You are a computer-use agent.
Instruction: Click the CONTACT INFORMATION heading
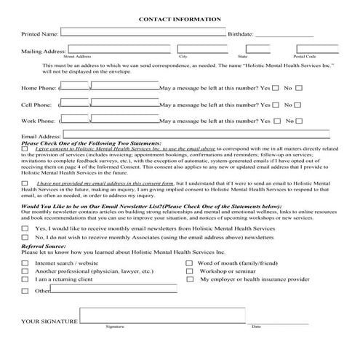tap(180, 19)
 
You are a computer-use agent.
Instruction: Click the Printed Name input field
tap(143, 33)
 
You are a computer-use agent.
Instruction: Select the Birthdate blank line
tap(284, 33)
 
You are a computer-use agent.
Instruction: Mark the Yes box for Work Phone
tap(275, 121)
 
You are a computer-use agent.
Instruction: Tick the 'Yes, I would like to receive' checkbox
tap(25, 228)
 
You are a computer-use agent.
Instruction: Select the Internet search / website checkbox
tap(25, 263)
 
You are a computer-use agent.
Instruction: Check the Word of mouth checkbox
tap(190, 263)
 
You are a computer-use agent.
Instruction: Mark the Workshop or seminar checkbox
tap(190, 271)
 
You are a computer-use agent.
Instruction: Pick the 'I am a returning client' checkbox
tap(25, 279)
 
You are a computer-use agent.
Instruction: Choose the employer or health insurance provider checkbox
tap(190, 279)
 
